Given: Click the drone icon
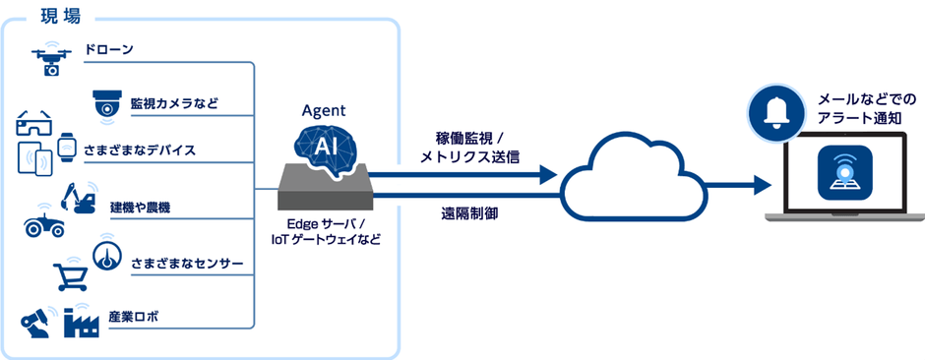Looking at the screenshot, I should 50,59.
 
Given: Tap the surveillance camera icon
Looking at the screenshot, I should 106,102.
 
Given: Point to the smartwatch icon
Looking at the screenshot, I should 66,147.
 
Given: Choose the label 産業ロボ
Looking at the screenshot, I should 134,317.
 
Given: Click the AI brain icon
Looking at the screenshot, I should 326,148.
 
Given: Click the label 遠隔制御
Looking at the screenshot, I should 468,212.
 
